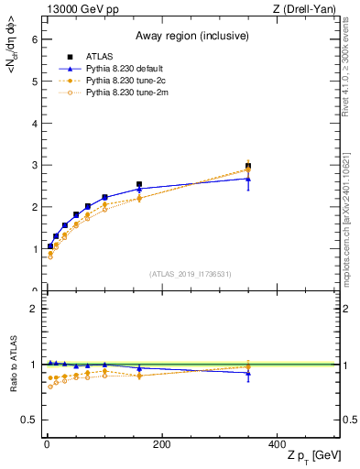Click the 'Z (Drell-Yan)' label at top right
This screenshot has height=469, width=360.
(309, 10)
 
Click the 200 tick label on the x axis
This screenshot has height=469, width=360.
(161, 444)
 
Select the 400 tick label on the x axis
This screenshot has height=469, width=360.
(277, 444)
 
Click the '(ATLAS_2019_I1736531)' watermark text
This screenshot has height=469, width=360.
(191, 273)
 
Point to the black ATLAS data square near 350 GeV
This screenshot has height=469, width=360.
(248, 166)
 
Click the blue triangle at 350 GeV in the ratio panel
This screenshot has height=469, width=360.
(248, 373)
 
